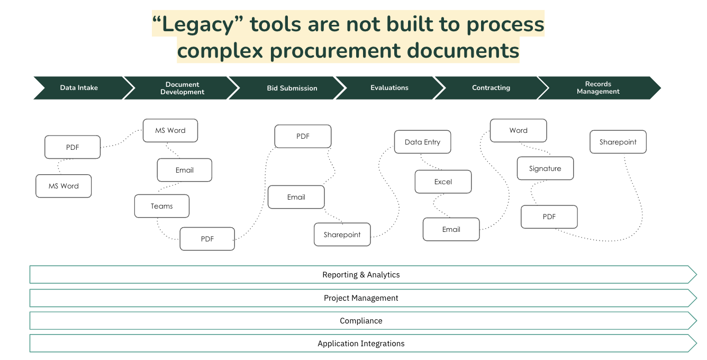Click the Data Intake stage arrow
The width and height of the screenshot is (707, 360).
(79, 88)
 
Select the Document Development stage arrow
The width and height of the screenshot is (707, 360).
(182, 88)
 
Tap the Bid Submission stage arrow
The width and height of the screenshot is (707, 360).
(292, 88)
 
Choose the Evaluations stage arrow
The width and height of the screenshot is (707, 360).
(389, 88)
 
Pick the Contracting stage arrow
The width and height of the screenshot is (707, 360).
(491, 88)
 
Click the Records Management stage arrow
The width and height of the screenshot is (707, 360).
(598, 88)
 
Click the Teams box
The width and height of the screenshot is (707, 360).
(162, 206)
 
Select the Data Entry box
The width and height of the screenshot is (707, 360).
(422, 142)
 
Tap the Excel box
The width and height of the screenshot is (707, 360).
(443, 182)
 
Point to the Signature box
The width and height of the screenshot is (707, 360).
(545, 168)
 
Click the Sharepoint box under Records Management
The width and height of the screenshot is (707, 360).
(618, 142)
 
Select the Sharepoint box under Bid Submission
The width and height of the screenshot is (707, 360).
(342, 235)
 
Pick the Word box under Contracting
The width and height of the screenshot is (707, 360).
(518, 130)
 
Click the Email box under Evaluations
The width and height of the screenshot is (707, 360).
(451, 229)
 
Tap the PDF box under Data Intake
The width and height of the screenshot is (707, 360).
(72, 147)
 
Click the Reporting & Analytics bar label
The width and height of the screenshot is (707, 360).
(361, 275)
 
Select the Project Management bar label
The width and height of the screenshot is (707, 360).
(361, 298)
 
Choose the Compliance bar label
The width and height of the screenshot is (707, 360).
(361, 321)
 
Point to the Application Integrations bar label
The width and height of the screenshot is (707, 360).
(361, 344)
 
